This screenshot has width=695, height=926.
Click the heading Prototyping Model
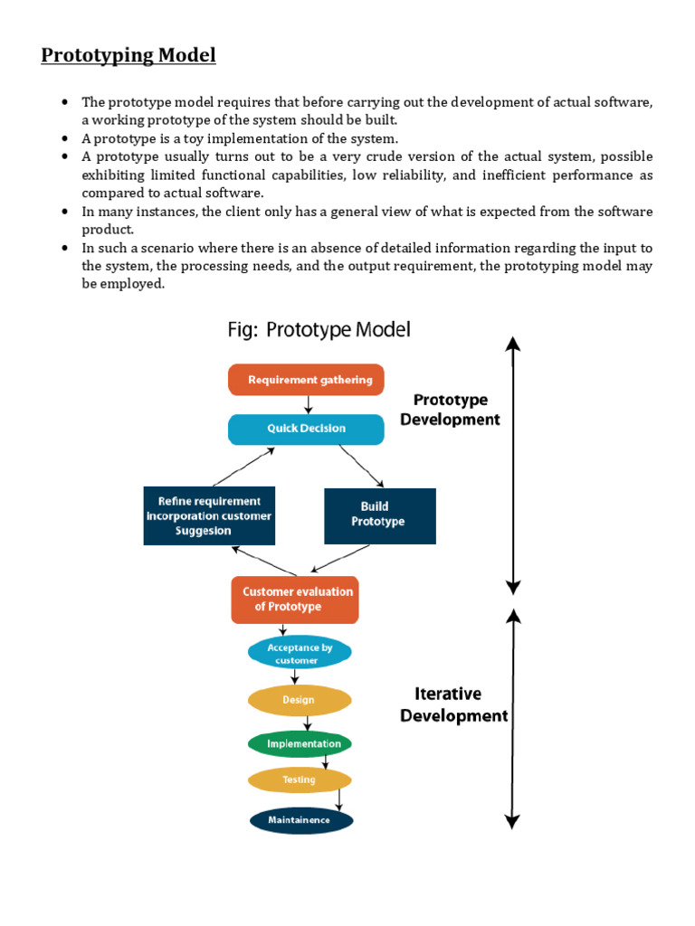point(129,56)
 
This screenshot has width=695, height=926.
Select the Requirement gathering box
point(306,380)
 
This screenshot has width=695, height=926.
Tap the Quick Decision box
point(306,429)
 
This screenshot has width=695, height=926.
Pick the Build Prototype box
point(379,515)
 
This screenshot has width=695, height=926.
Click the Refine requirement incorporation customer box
point(208,516)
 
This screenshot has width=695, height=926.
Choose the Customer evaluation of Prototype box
point(295,600)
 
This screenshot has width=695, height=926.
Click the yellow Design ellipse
point(299,700)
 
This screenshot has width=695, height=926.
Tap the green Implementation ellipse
point(300,744)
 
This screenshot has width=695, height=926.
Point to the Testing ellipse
point(299,780)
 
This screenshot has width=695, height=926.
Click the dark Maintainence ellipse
point(300,820)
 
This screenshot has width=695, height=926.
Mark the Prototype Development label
point(450,410)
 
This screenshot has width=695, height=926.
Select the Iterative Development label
point(453,704)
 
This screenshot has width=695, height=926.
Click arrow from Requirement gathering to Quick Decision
point(309,404)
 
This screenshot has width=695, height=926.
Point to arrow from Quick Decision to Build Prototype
point(362,467)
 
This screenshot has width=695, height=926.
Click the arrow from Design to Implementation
point(308,723)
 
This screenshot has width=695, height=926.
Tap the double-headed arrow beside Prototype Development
point(513,465)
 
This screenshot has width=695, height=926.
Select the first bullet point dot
point(65,102)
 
